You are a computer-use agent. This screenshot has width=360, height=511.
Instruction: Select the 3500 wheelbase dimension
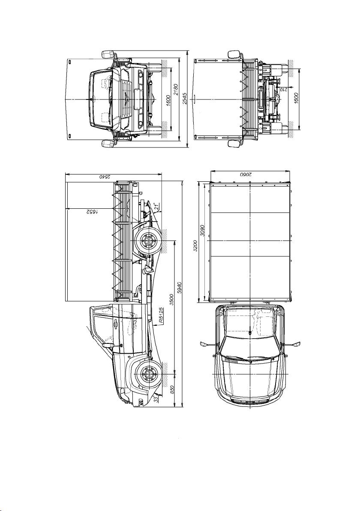[x=171, y=300]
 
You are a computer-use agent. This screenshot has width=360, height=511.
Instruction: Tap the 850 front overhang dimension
[x=171, y=389]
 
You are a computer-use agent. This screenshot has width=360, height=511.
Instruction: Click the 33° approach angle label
[x=157, y=399]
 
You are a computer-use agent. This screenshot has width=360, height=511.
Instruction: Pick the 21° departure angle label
[x=157, y=206]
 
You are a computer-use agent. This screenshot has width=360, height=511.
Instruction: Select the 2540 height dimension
[x=104, y=176]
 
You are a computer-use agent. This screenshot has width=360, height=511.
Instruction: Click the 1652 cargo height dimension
[x=92, y=211]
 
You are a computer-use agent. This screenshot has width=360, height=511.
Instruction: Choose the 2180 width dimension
[x=176, y=90]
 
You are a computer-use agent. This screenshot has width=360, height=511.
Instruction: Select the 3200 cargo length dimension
[x=195, y=246]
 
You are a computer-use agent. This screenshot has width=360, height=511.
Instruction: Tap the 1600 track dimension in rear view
[x=296, y=98]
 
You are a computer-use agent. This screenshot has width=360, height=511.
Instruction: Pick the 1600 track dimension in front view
[x=168, y=100]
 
